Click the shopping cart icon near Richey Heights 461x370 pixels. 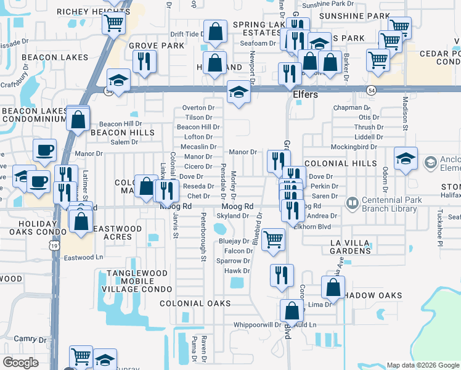click(x=113, y=24)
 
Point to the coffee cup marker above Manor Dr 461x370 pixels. click(x=43, y=149)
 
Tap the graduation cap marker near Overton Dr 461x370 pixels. click(x=239, y=92)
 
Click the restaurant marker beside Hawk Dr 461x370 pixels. click(x=282, y=274)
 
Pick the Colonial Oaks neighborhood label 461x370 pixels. click(x=195, y=303)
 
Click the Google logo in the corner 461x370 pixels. click(x=20, y=362)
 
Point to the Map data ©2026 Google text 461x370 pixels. click(x=422, y=365)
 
